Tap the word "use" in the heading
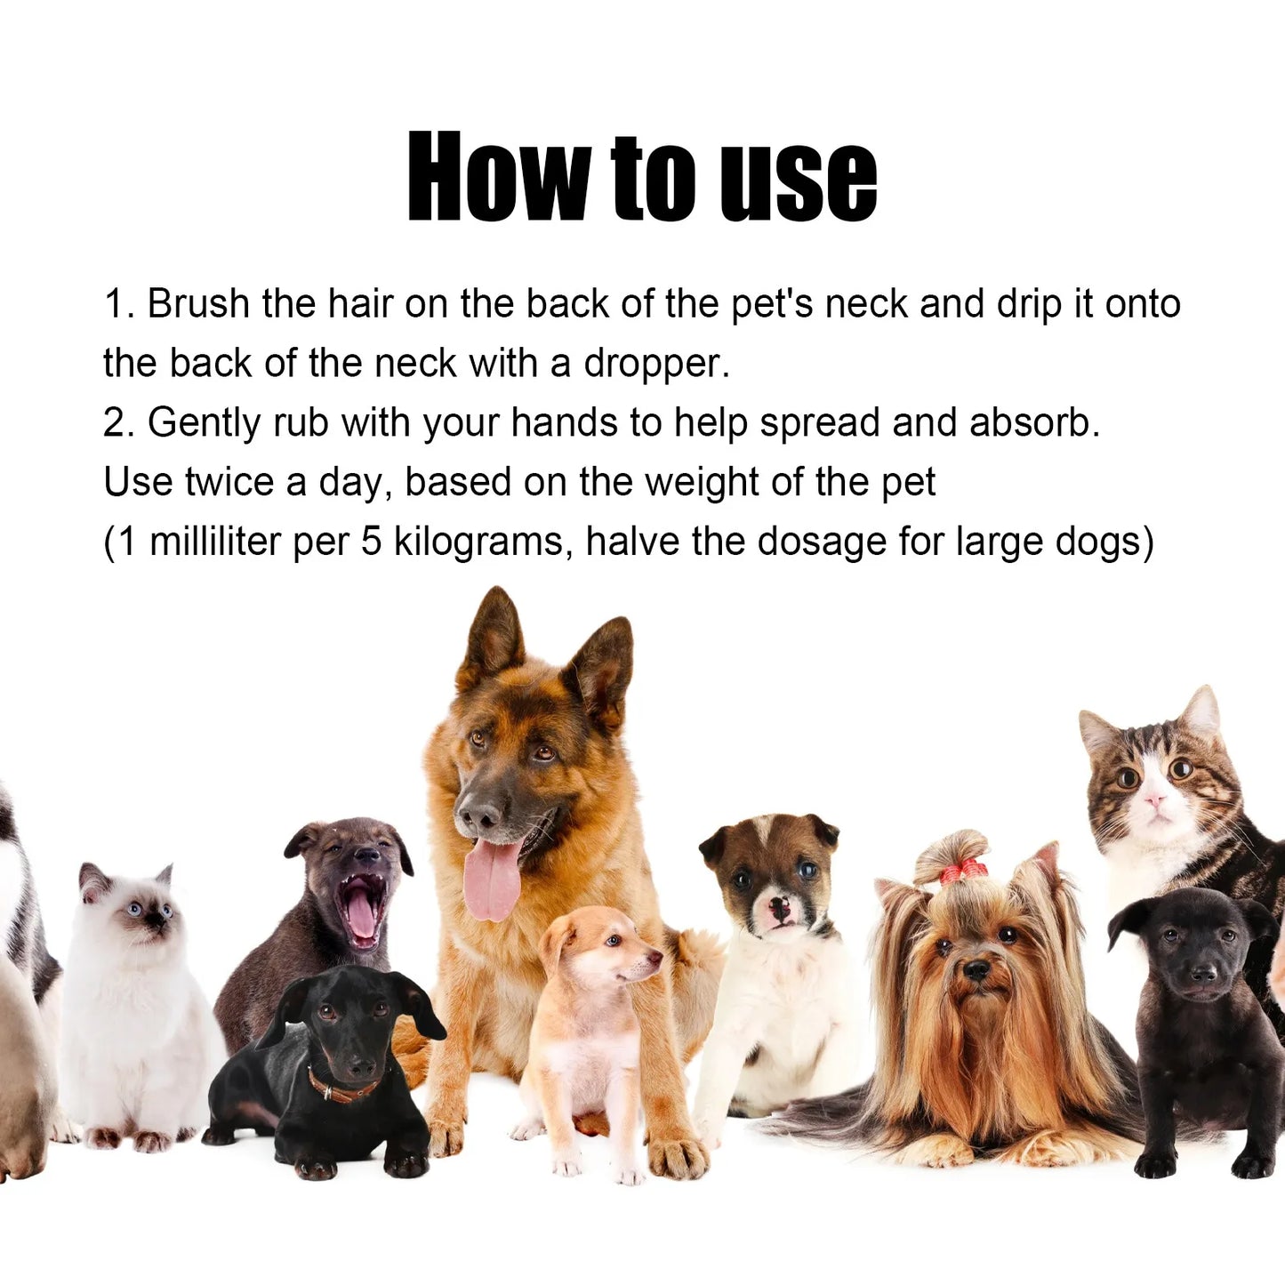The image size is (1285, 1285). tap(798, 181)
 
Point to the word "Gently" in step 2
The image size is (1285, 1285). tap(205, 423)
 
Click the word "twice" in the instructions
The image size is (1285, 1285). tap(229, 482)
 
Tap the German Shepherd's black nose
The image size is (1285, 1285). tap(478, 813)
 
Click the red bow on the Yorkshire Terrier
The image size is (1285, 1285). tap(963, 871)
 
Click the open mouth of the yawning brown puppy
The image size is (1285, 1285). tap(361, 911)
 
